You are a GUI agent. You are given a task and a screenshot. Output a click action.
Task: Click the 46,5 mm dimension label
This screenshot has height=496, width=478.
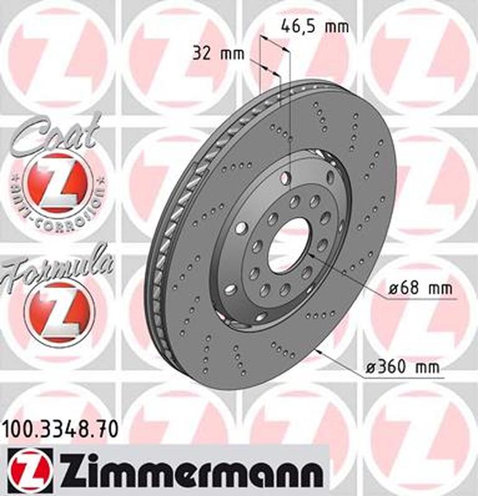tap(315, 27)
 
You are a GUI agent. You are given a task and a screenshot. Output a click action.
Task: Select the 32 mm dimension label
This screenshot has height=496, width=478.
tap(219, 53)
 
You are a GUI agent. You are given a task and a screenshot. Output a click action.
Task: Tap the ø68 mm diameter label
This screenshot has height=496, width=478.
tap(420, 288)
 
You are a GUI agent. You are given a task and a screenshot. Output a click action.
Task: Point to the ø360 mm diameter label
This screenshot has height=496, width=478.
tap(402, 367)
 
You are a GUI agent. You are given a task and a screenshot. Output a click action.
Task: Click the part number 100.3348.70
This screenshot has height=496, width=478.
tap(60, 430)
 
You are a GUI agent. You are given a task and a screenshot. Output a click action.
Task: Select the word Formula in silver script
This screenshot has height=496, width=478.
tap(56, 269)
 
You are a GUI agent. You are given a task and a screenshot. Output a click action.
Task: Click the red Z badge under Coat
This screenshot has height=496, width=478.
tap(58, 184)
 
